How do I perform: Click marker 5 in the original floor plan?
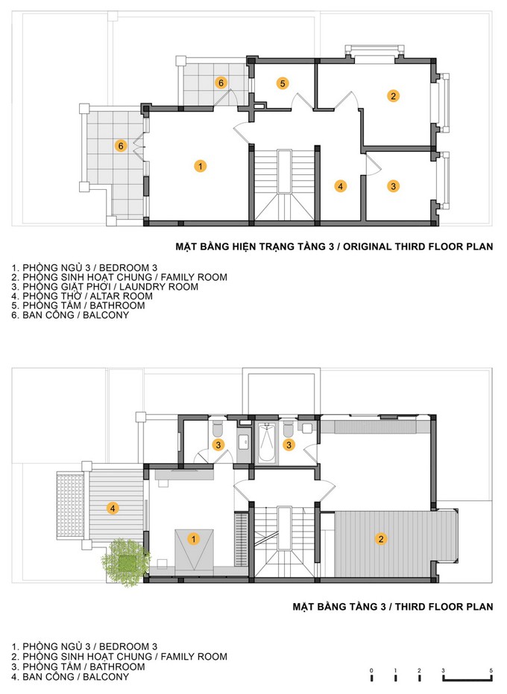(x=283, y=83)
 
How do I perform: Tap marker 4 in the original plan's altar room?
(x=341, y=186)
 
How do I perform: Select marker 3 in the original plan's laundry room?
(x=393, y=186)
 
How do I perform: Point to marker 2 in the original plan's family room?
(x=393, y=95)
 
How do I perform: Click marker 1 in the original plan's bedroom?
(x=201, y=166)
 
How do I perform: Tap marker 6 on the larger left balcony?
(x=121, y=146)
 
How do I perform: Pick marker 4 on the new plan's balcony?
(x=113, y=508)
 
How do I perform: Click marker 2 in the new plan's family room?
(x=381, y=538)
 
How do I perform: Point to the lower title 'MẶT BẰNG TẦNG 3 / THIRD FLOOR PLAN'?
(x=393, y=606)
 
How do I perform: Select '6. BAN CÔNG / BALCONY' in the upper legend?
(x=70, y=315)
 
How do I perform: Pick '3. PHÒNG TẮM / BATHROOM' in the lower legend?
(x=78, y=666)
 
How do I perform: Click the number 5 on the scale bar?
(x=491, y=670)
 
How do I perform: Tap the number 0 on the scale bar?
(x=371, y=670)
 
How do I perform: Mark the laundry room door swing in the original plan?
(x=373, y=165)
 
